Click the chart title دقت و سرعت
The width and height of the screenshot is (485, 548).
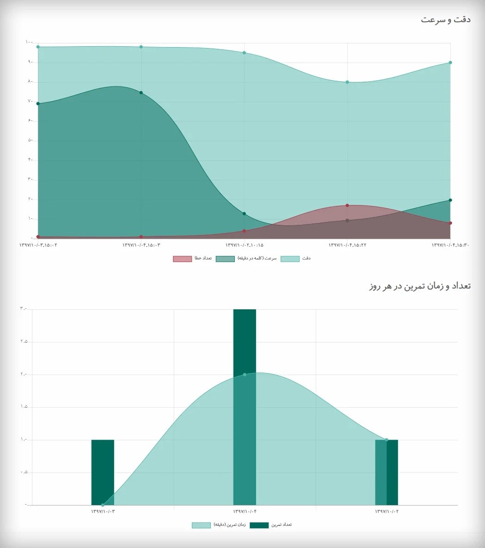[x=446, y=20]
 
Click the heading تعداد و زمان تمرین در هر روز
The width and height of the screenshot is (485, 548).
[x=420, y=286]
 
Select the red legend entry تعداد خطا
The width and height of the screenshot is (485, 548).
[x=192, y=259]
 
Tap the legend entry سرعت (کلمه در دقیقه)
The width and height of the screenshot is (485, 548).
[x=246, y=259]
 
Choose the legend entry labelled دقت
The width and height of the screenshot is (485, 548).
[x=295, y=259]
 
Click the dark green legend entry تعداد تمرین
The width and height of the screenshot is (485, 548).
[x=270, y=525]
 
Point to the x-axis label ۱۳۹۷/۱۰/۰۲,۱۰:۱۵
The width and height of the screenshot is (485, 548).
[x=244, y=245]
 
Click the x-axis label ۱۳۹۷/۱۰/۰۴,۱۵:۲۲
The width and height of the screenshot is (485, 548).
[x=347, y=245]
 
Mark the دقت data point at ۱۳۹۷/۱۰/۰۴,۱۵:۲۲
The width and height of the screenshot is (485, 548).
[x=347, y=82]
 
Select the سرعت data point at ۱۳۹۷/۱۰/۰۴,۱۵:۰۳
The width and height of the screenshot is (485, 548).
[x=141, y=93]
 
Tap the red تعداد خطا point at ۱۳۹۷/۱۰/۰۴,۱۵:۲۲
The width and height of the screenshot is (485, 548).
[x=347, y=205]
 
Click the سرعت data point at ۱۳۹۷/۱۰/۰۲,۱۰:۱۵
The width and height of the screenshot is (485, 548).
[x=244, y=214]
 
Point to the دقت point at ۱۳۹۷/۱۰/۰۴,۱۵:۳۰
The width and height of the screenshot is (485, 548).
[x=450, y=62]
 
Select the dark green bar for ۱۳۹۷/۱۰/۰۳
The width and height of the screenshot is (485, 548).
[x=103, y=472]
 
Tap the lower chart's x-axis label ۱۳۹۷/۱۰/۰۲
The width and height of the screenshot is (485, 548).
[x=387, y=511]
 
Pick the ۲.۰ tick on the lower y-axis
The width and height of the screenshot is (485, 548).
[x=24, y=374]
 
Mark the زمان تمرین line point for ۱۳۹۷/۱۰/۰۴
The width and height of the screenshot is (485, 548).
[x=245, y=374]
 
